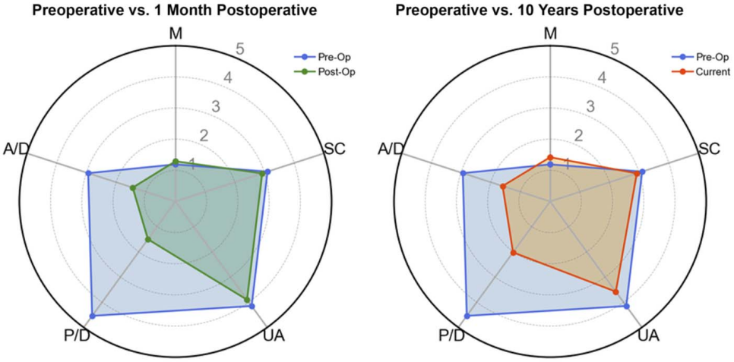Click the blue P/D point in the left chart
(92, 316)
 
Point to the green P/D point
(148, 240)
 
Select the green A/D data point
(132, 188)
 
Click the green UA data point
(247, 299)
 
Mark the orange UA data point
(615, 292)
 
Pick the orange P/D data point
(514, 253)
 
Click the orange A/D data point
(503, 187)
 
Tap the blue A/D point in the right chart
(463, 174)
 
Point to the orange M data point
(550, 158)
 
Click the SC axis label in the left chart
(334, 149)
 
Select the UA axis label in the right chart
(649, 337)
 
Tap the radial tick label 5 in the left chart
(240, 49)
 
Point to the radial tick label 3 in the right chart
(590, 107)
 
